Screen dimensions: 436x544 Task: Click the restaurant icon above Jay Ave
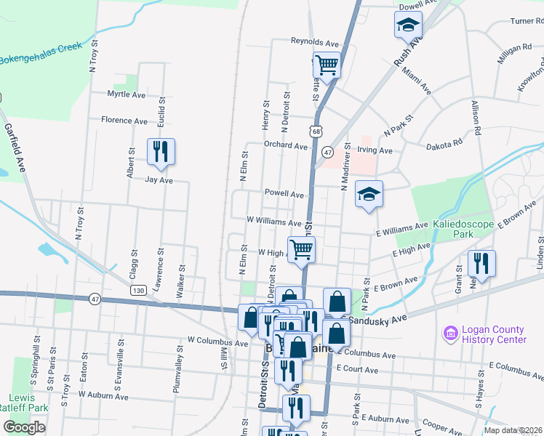click(x=157, y=152)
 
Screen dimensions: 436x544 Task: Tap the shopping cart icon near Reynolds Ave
click(x=327, y=65)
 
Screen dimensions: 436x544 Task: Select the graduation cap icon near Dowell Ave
click(x=408, y=27)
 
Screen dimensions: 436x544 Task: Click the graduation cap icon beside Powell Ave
click(x=369, y=195)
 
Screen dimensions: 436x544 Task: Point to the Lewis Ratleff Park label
click(x=28, y=403)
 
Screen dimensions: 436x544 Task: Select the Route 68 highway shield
click(x=314, y=131)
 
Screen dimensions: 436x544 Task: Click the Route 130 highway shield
click(x=137, y=290)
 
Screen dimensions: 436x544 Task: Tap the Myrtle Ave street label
click(x=127, y=94)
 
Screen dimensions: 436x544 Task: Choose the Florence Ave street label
click(x=124, y=120)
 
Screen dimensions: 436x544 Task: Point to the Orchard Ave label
click(x=285, y=145)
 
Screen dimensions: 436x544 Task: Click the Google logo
click(x=24, y=427)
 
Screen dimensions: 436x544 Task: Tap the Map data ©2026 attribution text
click(x=513, y=430)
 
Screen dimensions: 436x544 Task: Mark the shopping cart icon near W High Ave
click(x=301, y=250)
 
